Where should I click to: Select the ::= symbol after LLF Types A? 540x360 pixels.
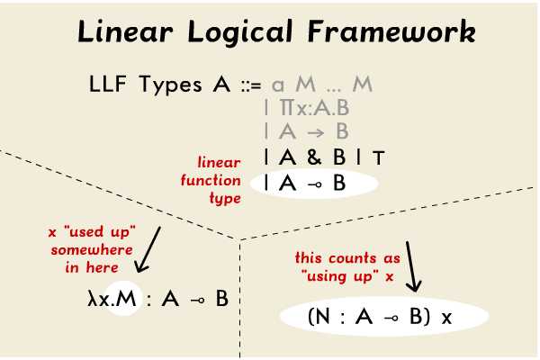click(250, 86)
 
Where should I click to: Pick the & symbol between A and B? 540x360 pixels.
click(313, 158)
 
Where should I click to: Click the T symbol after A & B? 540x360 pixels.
click(379, 158)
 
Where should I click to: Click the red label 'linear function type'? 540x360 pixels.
click(220, 180)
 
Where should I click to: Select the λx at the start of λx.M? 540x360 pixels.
click(92, 298)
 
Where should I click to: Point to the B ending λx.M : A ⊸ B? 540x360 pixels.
click(221, 298)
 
